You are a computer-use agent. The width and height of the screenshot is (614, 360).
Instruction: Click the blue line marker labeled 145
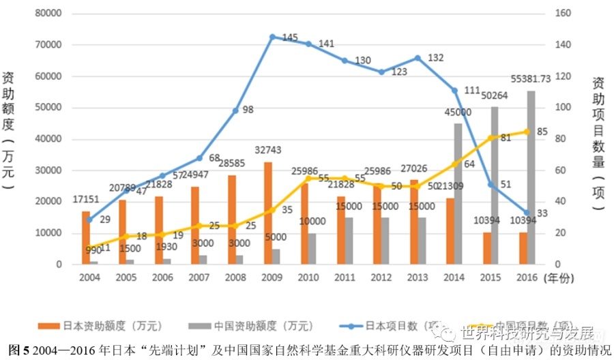pos(272,37)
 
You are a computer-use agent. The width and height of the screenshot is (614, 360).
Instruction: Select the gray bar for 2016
pos(531,177)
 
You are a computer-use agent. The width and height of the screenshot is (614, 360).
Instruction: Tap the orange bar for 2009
pos(267,213)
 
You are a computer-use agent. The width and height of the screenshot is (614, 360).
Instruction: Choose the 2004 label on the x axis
pos(89,277)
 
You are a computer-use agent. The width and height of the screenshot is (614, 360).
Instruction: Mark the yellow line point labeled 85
pos(527,132)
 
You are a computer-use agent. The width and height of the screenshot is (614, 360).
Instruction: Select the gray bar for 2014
pos(458,194)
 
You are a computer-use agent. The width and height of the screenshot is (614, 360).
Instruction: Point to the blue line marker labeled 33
pos(527,213)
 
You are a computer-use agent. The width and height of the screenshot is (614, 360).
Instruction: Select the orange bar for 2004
pos(85,237)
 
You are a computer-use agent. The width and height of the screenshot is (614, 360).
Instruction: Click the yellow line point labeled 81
pos(491,138)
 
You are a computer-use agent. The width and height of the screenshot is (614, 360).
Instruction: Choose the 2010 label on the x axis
pos(308,277)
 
